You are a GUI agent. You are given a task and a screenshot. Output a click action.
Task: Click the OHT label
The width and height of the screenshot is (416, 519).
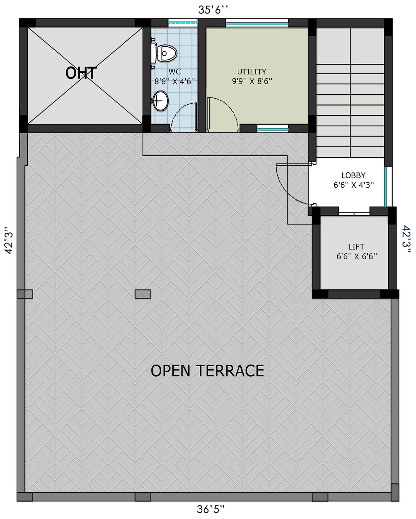81,73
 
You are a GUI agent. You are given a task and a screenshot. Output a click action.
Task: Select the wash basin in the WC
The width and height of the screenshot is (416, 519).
160,101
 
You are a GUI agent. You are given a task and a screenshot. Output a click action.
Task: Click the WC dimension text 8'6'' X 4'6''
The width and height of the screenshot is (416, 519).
175,82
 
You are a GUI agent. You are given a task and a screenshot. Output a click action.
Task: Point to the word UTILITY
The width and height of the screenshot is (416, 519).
252,72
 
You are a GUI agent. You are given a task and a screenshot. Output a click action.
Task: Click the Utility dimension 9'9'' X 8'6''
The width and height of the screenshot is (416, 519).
252,81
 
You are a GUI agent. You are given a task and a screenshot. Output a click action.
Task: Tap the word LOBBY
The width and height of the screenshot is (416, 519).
353,175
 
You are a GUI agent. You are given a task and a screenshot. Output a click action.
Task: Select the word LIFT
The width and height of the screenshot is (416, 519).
356,246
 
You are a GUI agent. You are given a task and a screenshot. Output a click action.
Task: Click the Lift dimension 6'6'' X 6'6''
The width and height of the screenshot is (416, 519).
357,256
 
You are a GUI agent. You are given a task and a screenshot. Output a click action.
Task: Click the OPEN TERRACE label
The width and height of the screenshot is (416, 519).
207,370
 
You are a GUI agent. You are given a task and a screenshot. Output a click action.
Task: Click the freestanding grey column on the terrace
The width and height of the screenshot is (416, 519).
143,294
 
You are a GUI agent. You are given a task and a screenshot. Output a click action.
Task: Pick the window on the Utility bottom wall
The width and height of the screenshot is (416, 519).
273,128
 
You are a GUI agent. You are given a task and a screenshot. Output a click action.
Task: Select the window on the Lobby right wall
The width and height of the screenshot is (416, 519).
387,187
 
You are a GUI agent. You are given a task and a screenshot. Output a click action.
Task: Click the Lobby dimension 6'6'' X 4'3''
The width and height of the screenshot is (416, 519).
354,185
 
